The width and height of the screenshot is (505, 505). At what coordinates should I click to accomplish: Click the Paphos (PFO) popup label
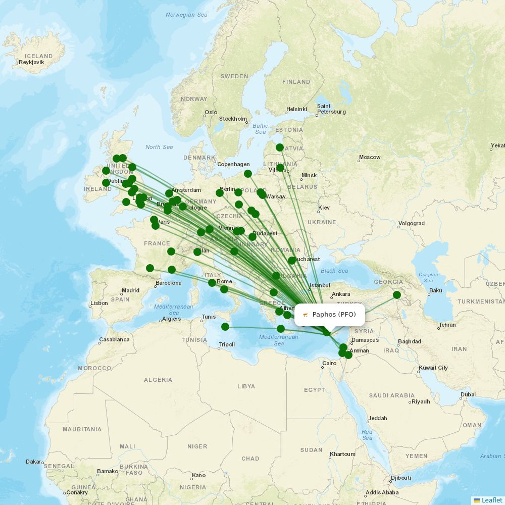coord(334,315)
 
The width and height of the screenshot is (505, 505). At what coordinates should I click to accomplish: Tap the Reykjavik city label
coord(31,63)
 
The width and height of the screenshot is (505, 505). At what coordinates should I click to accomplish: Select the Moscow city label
coord(370,157)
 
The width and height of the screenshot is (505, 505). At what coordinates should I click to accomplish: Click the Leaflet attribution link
coord(491,500)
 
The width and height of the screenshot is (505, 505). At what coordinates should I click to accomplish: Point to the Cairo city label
coord(329,363)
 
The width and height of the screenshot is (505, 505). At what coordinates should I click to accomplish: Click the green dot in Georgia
coord(397,295)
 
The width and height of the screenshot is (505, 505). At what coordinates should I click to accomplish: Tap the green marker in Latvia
coord(280,147)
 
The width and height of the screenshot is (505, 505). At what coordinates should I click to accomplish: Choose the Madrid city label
coord(130,290)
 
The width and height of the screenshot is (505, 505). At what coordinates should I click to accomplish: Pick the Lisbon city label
coord(99,303)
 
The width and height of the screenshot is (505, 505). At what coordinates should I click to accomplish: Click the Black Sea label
coord(334,271)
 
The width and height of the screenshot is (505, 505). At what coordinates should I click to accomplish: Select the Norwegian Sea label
coord(186,15)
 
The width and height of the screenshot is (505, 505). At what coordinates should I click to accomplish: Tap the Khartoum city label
coord(343,454)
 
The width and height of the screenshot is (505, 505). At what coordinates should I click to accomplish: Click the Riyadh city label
coord(421,401)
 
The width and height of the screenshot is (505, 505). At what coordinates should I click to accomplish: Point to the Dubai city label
coord(468,394)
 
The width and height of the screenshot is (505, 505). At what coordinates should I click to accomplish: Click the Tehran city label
coord(447,325)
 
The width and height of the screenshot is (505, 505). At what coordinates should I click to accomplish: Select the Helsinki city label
coord(296,109)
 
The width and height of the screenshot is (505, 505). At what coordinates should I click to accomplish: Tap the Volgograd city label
coord(412,223)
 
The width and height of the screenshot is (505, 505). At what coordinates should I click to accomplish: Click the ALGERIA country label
coord(158,380)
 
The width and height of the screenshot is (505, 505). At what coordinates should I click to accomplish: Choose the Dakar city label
coord(33,462)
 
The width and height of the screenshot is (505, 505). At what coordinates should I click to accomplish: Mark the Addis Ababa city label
coord(382,492)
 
